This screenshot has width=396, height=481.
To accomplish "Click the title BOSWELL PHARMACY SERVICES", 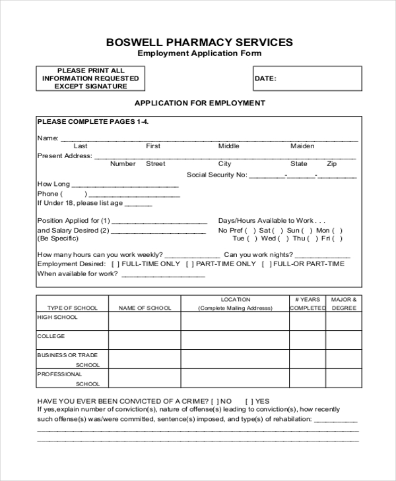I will coord(199,42).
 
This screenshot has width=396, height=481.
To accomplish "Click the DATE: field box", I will coord(307,78).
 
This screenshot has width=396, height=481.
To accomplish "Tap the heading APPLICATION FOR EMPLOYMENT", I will coord(199,103).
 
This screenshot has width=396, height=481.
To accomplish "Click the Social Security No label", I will coord(216,175).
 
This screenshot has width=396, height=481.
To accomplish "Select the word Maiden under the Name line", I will coord(302,146).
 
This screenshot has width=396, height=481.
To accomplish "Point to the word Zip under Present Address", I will coord(331,164).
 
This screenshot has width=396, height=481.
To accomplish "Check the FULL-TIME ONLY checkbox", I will coord(115,264).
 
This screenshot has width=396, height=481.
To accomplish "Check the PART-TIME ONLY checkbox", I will coord(190,264).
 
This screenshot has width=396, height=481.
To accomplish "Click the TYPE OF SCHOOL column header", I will coord(73,308).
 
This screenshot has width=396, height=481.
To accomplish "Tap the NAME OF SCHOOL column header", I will coord(145,308).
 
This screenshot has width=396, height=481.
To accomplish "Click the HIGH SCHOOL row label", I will coord(57,318).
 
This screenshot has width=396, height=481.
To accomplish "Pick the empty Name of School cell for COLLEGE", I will coord(145,340).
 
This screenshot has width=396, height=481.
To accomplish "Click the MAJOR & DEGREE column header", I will coord(344,304).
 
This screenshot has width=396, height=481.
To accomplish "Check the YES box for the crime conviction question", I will coord(249,401).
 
